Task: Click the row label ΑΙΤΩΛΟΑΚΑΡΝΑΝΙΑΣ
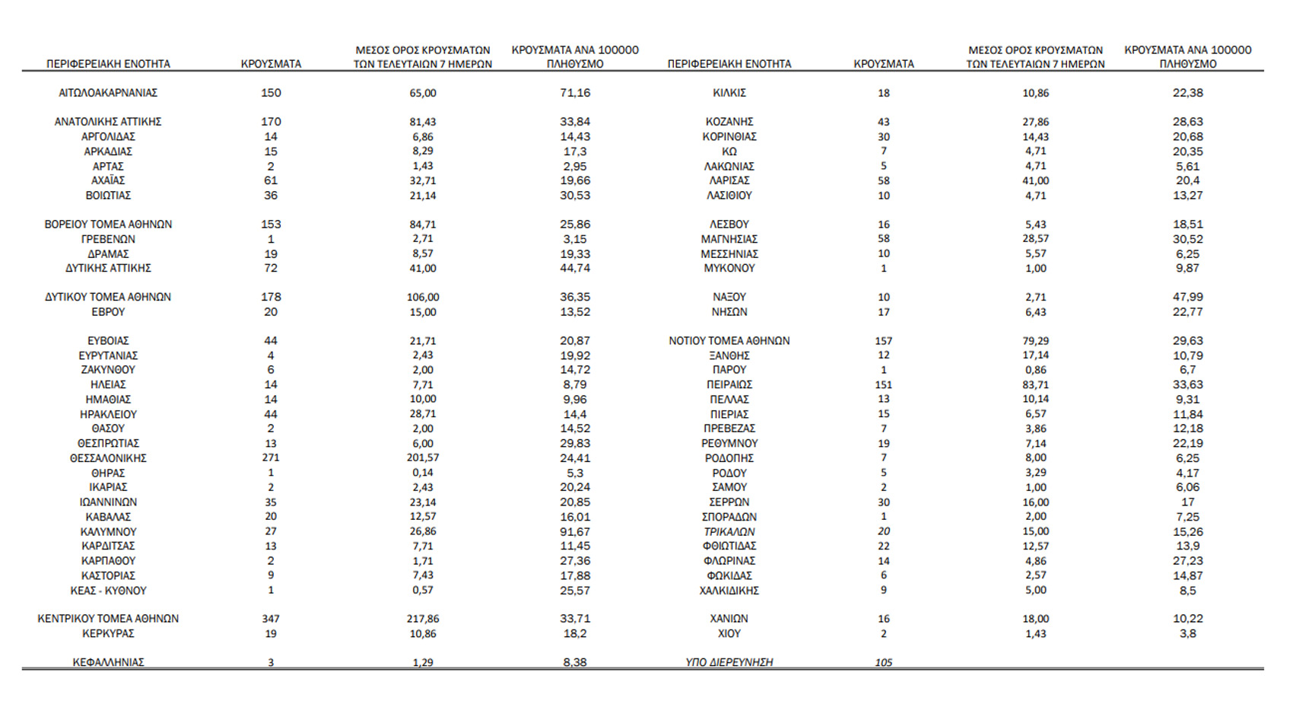coord(108,93)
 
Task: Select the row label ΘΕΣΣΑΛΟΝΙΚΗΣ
coord(108,458)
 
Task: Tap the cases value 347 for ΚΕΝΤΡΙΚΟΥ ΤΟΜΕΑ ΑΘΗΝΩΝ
coord(271,619)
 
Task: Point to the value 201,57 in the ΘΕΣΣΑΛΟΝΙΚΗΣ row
coord(423,458)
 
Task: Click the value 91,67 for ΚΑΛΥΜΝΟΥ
coord(575,532)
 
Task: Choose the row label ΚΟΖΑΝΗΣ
coord(729,122)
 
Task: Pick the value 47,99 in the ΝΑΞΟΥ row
coord(1187,297)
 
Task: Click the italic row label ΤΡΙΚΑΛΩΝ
coord(729,532)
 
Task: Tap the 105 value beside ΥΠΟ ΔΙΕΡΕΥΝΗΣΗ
coord(883,662)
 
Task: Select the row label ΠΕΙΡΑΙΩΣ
coord(729,385)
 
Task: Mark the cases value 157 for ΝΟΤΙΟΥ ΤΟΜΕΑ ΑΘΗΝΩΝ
coord(883,341)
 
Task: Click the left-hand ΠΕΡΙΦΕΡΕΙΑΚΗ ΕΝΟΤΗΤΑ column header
coord(108,64)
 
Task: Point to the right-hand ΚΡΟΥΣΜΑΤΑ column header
coord(884,64)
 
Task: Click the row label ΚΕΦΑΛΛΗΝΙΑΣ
coord(108,662)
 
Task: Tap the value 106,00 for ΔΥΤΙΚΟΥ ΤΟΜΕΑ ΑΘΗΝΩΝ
coord(423,297)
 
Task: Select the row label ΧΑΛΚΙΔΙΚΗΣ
coord(729,591)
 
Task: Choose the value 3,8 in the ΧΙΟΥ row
coord(1187,633)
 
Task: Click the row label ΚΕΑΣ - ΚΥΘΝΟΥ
coord(108,591)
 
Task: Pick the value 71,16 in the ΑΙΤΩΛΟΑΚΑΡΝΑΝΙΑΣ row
coord(575,93)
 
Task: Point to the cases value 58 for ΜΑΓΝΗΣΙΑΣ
coord(883,239)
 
